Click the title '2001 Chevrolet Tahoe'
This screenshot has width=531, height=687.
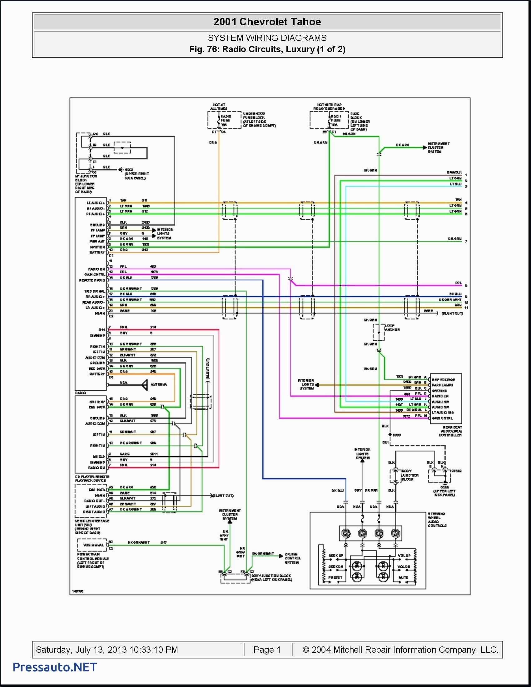[x=267, y=22]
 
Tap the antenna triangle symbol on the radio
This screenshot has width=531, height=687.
[x=145, y=385]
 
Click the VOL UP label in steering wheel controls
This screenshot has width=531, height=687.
[x=404, y=556]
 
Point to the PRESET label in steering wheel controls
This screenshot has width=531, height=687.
[x=335, y=577]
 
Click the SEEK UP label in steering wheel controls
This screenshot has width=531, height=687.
[x=336, y=556]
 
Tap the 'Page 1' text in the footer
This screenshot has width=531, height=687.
[x=267, y=650]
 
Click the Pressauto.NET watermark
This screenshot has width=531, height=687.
[x=55, y=667]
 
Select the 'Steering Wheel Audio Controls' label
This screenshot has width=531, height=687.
[x=437, y=520]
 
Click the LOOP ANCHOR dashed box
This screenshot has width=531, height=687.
[x=379, y=332]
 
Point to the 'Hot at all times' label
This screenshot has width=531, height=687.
[x=219, y=106]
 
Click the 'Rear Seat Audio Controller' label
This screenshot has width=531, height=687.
[x=450, y=431]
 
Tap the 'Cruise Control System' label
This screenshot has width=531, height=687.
[x=293, y=558]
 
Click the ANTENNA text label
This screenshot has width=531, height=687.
[x=159, y=384]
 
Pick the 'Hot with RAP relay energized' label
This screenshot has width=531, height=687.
[x=329, y=106]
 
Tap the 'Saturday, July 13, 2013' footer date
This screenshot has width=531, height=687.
[x=107, y=650]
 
